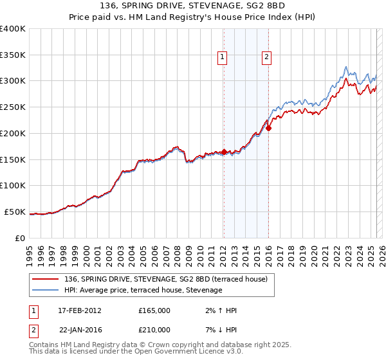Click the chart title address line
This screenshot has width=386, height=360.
193,6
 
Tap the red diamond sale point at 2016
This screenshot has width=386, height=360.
268,128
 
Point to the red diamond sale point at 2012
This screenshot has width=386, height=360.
224,152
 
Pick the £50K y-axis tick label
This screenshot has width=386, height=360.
15,212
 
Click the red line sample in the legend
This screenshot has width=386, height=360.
46,278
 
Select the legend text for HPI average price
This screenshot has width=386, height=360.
143,290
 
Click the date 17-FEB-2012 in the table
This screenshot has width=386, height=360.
80,310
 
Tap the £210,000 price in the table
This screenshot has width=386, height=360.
154,330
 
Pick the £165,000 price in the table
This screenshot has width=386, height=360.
154,310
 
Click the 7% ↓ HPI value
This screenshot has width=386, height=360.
219,330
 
